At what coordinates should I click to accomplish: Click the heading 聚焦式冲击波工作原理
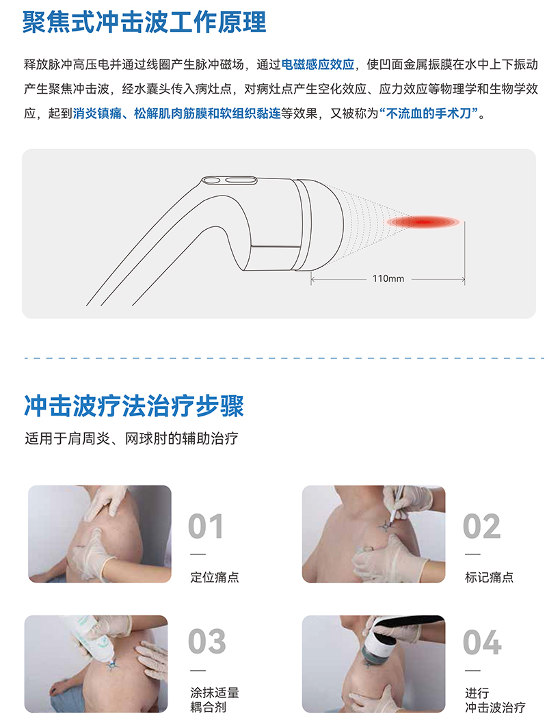click(144, 22)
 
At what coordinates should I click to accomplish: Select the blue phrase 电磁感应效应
click(318, 64)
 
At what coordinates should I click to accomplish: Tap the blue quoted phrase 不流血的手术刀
click(428, 113)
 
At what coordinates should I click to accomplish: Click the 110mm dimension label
click(388, 278)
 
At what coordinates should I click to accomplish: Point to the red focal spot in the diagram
click(423, 222)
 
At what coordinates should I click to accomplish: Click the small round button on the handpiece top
click(212, 180)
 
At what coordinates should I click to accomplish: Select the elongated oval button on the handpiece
click(239, 180)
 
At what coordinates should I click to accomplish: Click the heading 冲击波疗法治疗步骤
click(133, 405)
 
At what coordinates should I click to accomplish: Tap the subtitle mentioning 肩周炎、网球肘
click(131, 438)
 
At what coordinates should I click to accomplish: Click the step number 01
click(206, 526)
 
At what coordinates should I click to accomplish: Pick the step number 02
click(481, 526)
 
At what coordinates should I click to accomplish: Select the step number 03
click(206, 641)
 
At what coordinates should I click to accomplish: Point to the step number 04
click(482, 642)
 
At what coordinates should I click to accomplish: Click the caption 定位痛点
click(215, 577)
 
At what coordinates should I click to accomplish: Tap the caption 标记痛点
click(489, 577)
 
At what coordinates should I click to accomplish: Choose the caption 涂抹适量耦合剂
click(215, 699)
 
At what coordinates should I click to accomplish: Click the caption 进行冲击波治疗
click(495, 700)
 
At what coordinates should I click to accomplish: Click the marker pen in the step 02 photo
click(395, 505)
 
